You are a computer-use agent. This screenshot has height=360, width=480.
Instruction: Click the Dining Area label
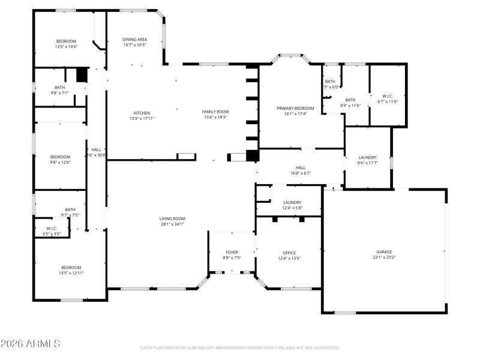point(134,40)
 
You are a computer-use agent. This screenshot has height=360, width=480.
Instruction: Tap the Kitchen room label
point(142,113)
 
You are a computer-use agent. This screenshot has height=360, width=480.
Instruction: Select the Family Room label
point(215,112)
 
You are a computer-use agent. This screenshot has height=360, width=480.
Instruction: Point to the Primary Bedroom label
point(295,108)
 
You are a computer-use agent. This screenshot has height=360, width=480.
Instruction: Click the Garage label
point(384,252)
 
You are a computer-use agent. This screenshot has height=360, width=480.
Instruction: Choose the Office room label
point(289,253)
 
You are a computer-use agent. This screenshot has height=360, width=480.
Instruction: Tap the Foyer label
point(232,252)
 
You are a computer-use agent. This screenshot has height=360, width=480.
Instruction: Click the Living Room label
point(172,218)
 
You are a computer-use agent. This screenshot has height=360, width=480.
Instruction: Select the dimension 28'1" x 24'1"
point(172,224)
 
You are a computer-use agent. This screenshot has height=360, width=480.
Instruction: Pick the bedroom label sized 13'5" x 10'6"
point(66,41)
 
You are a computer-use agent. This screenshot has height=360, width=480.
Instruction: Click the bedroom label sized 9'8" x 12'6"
point(60,157)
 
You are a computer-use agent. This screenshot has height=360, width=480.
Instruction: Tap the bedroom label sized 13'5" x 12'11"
point(71,267)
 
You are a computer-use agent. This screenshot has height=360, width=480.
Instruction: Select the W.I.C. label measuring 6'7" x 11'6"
point(388,96)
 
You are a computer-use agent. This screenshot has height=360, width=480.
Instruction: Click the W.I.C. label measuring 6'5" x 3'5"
point(52,228)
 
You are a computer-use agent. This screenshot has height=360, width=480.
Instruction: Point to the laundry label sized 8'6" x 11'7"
point(368,157)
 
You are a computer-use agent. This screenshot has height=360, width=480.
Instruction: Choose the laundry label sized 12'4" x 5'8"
point(292,202)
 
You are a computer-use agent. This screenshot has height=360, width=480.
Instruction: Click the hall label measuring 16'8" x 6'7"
point(301,167)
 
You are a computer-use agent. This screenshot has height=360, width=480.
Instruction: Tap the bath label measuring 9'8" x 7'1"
point(59,87)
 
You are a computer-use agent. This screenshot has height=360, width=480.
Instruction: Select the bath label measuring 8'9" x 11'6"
point(350,100)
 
